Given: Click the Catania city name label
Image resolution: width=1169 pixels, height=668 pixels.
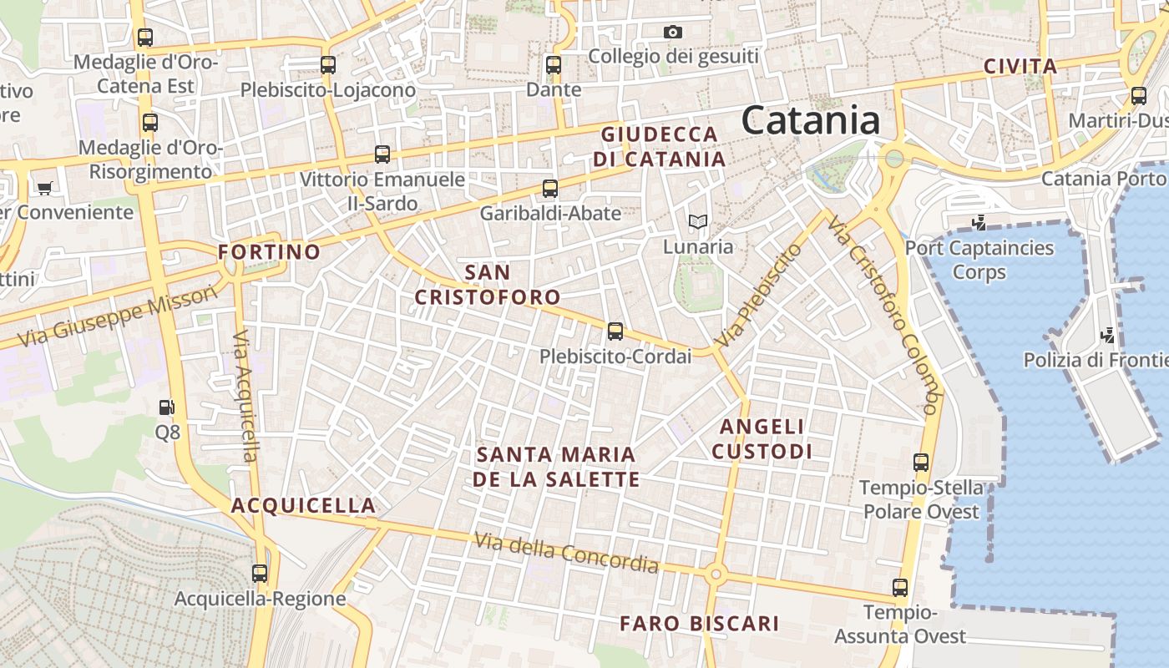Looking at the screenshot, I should pyautogui.click(x=810, y=120).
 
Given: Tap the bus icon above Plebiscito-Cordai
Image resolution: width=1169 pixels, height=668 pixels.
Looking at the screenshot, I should pyautogui.click(x=615, y=331).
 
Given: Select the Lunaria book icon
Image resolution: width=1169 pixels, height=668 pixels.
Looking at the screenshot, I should pyautogui.click(x=698, y=222).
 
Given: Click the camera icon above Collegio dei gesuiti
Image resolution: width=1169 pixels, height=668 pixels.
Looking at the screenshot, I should pyautogui.click(x=673, y=32).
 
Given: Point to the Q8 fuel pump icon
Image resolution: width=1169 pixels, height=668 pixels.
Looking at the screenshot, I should pyautogui.click(x=167, y=407).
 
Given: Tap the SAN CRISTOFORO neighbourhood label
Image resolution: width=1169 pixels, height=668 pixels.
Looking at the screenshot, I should pyautogui.click(x=488, y=285).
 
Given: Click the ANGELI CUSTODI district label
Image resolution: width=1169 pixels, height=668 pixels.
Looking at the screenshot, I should pyautogui.click(x=762, y=439).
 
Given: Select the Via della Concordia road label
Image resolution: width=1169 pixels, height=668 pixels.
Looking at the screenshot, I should pyautogui.click(x=566, y=553).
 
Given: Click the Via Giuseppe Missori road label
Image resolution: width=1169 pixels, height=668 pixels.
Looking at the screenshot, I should pyautogui.click(x=117, y=316).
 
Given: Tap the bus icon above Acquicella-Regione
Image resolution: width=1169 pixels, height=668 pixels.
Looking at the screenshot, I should pyautogui.click(x=260, y=574).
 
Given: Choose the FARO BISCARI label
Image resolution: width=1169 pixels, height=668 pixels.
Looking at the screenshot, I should pyautogui.click(x=699, y=624).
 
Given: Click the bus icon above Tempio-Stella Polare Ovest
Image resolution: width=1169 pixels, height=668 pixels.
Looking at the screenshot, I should pyautogui.click(x=921, y=463).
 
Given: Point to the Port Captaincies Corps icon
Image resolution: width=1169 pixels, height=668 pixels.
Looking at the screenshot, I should pyautogui.click(x=979, y=223).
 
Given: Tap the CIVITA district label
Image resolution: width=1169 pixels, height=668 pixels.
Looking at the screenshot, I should pyautogui.click(x=1020, y=67).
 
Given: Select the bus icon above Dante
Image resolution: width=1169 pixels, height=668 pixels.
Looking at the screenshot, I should pyautogui.click(x=554, y=64).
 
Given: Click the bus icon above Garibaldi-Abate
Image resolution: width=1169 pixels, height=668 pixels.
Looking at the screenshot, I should pyautogui.click(x=549, y=189).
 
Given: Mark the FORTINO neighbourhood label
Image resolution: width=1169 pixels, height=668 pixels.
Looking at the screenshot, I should pyautogui.click(x=269, y=252).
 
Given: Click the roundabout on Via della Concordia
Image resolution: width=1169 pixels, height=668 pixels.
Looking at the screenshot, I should pyautogui.click(x=714, y=574).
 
